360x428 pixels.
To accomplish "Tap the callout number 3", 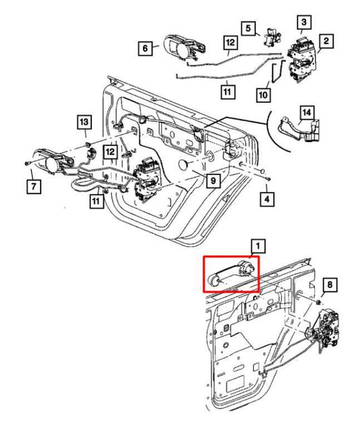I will click(305, 23).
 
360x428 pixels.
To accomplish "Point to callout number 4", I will click(268, 199).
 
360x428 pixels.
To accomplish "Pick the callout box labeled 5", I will click(249, 28).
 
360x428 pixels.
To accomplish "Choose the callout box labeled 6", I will click(144, 48).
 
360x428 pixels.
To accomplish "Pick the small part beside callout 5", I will click(272, 38).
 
